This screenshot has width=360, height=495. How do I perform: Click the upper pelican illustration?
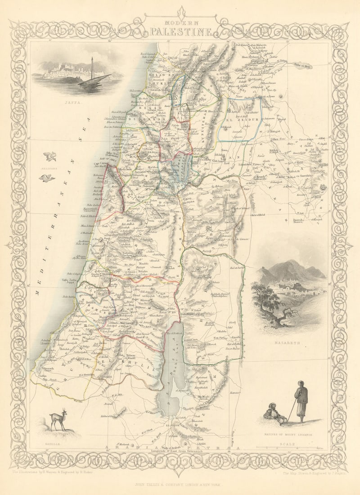[50, 157]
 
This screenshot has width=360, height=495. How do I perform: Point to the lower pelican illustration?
[47, 178]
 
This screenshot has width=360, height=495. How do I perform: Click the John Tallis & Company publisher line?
[180, 485]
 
